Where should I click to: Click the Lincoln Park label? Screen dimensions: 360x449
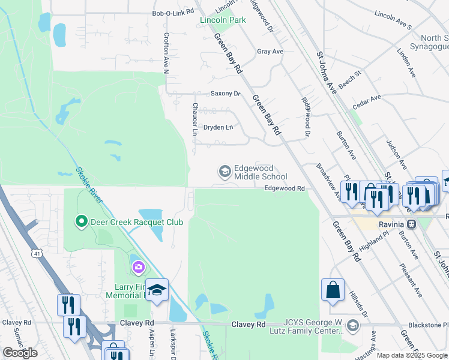(223, 20)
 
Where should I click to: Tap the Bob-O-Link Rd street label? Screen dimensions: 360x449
(173, 12)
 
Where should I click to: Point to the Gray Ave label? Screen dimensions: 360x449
(270, 52)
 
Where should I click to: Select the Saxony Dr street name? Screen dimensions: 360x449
(225, 94)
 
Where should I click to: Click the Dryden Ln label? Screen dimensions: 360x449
(217, 127)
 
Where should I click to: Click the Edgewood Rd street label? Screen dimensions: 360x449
(285, 188)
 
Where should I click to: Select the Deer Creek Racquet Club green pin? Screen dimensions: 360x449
(82, 222)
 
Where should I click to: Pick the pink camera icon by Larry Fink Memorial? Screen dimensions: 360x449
(139, 266)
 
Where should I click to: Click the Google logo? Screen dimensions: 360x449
(20, 353)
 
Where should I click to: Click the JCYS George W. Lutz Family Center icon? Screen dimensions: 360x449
(352, 326)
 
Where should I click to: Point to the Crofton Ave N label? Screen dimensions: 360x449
(167, 53)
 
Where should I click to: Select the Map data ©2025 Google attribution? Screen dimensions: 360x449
(412, 355)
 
